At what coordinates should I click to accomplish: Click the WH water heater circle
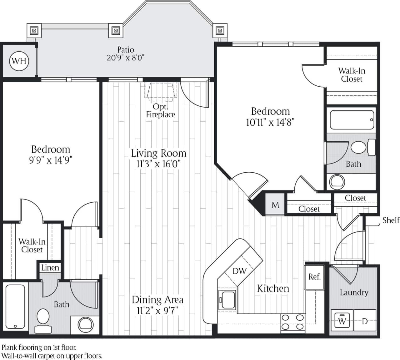[x=19, y=61]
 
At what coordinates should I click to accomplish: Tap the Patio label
[x=126, y=50]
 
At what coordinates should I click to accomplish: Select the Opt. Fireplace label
[x=160, y=111]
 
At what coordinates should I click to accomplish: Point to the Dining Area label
[x=157, y=300]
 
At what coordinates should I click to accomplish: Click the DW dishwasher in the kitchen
[x=240, y=271]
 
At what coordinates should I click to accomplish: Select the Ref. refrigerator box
[x=314, y=276]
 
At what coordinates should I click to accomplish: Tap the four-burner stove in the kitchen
[x=292, y=322]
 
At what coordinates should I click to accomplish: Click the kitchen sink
[x=227, y=300]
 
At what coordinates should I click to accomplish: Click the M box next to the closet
[x=275, y=205]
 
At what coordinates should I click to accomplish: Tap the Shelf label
[x=391, y=220]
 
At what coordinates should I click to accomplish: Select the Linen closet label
[x=50, y=268]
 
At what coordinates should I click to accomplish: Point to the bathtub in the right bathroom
[x=352, y=120]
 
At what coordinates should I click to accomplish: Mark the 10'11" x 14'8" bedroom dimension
[x=270, y=122]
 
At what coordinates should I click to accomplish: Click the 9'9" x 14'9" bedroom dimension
[x=51, y=160]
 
